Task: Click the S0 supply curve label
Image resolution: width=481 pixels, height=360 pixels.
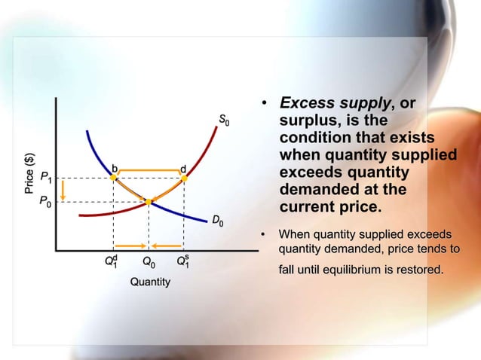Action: coord(224,119)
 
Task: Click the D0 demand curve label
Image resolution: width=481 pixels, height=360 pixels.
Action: coord(217,221)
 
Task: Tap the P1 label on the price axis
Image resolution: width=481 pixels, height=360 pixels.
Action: coord(47,178)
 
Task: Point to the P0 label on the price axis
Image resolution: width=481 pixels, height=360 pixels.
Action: coord(47,203)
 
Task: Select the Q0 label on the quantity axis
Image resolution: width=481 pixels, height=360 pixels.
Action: coord(149,263)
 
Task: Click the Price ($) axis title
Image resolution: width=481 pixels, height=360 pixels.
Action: coord(29,173)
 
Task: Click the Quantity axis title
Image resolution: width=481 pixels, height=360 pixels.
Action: coord(150,282)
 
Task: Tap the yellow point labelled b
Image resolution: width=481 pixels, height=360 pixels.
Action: coord(113,178)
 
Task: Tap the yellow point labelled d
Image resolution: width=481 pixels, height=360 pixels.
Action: coord(184,178)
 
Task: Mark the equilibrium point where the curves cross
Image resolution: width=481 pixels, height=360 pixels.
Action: coord(149,202)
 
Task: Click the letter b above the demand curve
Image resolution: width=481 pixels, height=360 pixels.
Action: coord(115,166)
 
